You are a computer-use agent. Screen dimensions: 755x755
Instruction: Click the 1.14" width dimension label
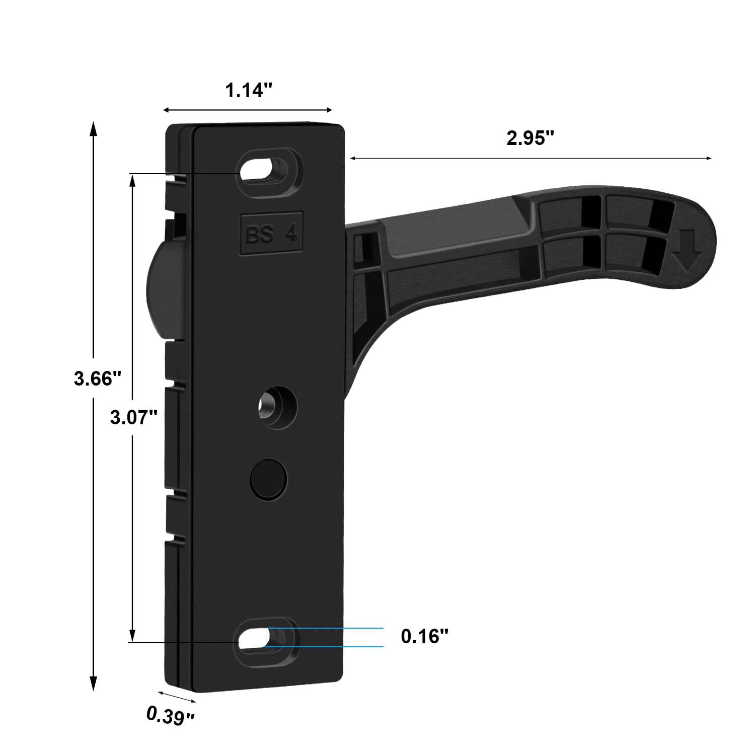click(248, 91)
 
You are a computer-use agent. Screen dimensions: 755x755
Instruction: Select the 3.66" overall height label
click(98, 379)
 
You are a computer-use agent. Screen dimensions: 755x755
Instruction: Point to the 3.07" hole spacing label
click(134, 417)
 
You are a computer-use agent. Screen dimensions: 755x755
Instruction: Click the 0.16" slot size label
click(424, 636)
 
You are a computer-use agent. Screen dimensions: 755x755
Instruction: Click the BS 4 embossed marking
click(271, 235)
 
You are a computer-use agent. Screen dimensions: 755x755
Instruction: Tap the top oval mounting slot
click(263, 169)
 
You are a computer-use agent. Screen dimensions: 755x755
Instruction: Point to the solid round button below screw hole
click(268, 479)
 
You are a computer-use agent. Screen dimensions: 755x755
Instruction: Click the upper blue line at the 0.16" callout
click(327, 628)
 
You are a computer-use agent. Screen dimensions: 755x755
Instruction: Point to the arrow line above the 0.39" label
click(177, 697)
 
